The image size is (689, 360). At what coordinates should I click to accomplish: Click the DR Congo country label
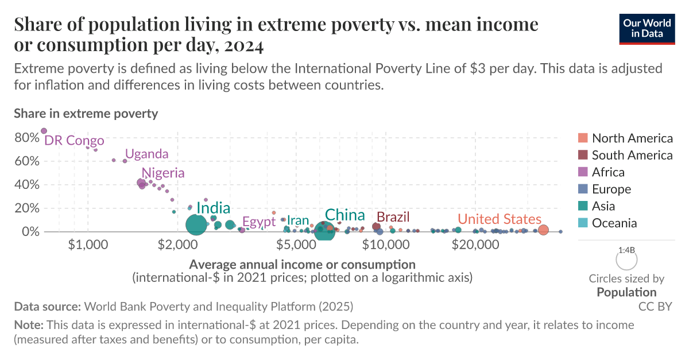74,141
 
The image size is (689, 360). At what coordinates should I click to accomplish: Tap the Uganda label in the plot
146,154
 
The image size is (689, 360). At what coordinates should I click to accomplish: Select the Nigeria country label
163,173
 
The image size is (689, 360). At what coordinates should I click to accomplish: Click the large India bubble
196,224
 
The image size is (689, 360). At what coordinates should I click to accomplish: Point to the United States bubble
543,230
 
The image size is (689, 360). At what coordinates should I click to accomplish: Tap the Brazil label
393,217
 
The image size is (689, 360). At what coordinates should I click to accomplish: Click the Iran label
297,220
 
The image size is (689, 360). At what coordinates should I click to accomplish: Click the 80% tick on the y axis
26,138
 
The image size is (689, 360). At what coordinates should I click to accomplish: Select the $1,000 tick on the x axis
88,245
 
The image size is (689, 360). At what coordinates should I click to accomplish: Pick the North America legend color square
583,138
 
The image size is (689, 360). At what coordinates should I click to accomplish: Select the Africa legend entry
608,172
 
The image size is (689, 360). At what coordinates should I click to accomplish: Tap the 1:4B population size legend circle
626,260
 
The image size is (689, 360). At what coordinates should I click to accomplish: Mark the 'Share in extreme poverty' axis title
86,113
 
